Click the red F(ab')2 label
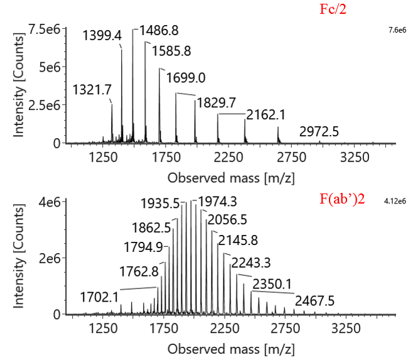point(342,202)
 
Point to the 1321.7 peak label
point(92,89)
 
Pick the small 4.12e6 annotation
point(395,202)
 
